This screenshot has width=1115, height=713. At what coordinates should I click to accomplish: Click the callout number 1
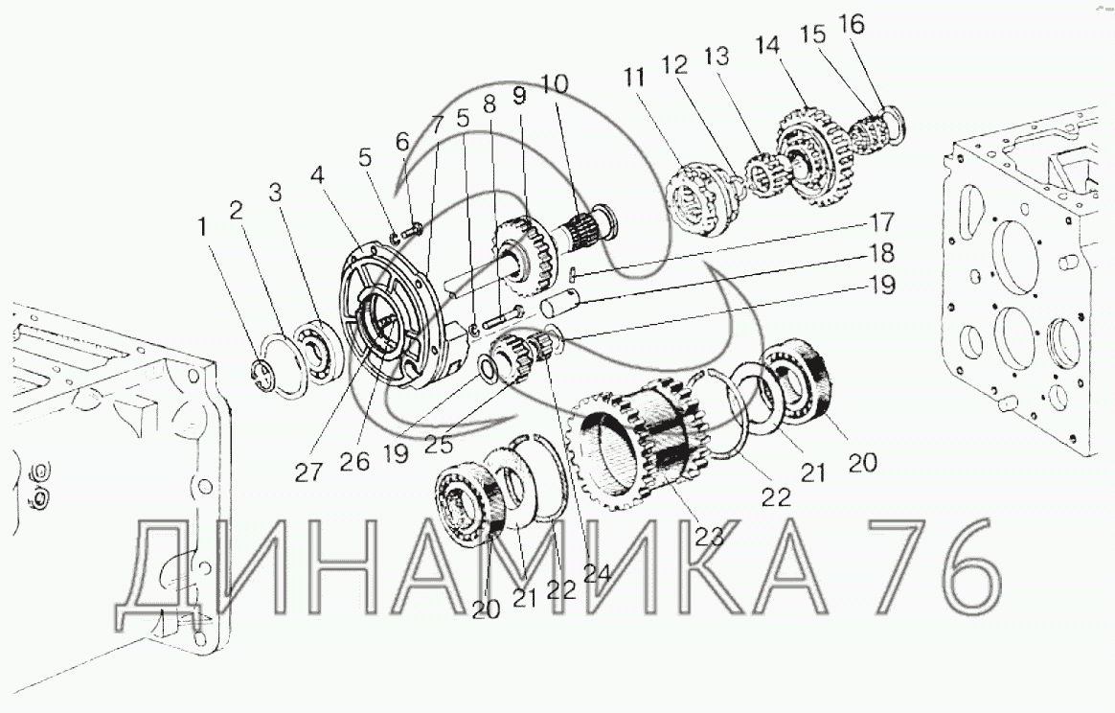[x=203, y=228]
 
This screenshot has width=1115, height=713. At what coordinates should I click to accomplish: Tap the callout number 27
[x=307, y=471]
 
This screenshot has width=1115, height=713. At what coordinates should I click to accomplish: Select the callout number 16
[x=852, y=25]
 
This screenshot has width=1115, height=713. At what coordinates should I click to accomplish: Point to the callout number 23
[x=709, y=535]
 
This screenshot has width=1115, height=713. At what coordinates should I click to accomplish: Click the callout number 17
[x=881, y=221]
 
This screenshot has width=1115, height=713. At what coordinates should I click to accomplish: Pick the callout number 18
[x=881, y=253]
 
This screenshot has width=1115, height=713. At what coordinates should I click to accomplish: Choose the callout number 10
[x=554, y=84]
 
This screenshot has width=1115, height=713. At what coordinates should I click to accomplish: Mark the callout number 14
[x=767, y=46]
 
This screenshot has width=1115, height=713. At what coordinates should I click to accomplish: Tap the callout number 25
[x=439, y=444]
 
